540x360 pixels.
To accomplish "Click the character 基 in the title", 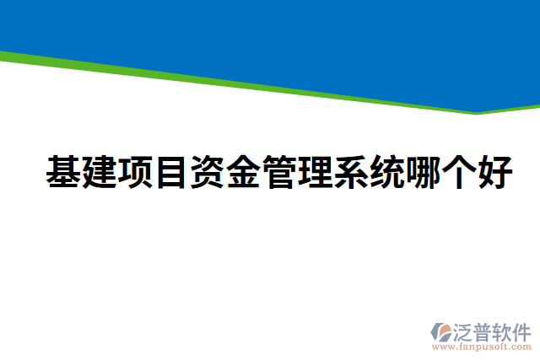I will pos(64,174).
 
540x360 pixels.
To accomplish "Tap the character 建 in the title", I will pos(100,174).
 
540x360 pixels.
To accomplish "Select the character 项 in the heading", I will pos(135,174).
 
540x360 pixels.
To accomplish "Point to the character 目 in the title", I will pos(171,174).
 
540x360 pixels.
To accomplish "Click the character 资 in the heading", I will pos(207,174).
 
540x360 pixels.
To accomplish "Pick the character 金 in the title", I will pos(243,174).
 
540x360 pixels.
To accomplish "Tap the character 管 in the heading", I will pos(278,174).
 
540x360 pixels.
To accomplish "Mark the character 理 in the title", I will pos(315,174).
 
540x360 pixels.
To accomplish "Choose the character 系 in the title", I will pos(350,174).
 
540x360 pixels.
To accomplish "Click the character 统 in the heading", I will pos(386,174).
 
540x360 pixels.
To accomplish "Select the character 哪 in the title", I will pos(423,174).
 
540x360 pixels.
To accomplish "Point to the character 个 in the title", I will pos(458,174).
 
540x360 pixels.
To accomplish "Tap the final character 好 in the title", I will pos(494,174).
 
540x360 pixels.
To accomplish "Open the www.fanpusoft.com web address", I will pos(482,346).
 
